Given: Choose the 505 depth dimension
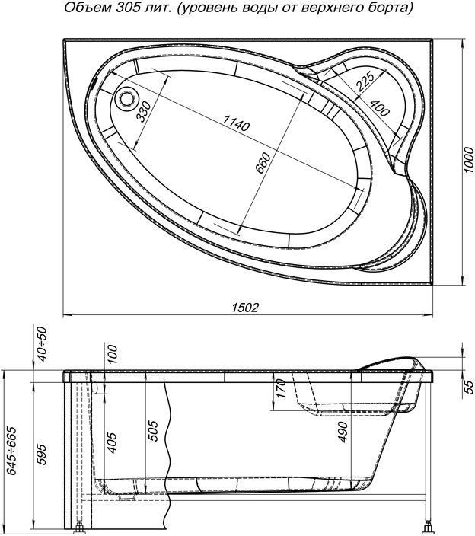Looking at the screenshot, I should point(153,431).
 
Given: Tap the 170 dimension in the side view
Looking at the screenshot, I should point(280,388).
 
